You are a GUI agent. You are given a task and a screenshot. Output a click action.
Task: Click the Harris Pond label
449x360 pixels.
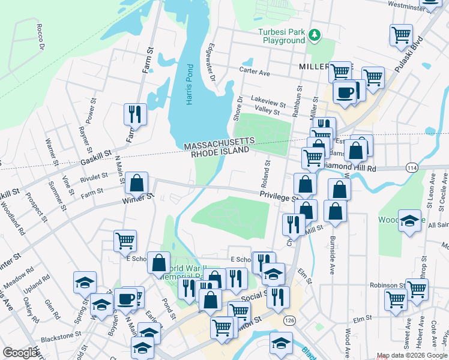pyautogui.click(x=189, y=85)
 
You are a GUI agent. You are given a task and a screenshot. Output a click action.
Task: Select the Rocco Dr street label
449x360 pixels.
pyautogui.click(x=40, y=37)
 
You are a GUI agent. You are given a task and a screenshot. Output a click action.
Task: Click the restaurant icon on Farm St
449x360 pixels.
pyautogui.click(x=134, y=113)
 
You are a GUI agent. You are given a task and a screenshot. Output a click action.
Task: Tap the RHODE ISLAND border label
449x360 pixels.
pyautogui.click(x=219, y=153)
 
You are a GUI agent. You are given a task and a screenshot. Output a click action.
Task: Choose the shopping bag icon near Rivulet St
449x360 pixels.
pyautogui.click(x=137, y=182)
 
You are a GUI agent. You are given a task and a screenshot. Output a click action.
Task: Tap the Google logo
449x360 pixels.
pyautogui.click(x=20, y=353)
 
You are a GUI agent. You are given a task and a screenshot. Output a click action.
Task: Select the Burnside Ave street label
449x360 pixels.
pyautogui.click(x=331, y=252)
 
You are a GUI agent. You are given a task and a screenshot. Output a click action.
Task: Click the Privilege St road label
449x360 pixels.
pyautogui.click(x=279, y=196)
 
